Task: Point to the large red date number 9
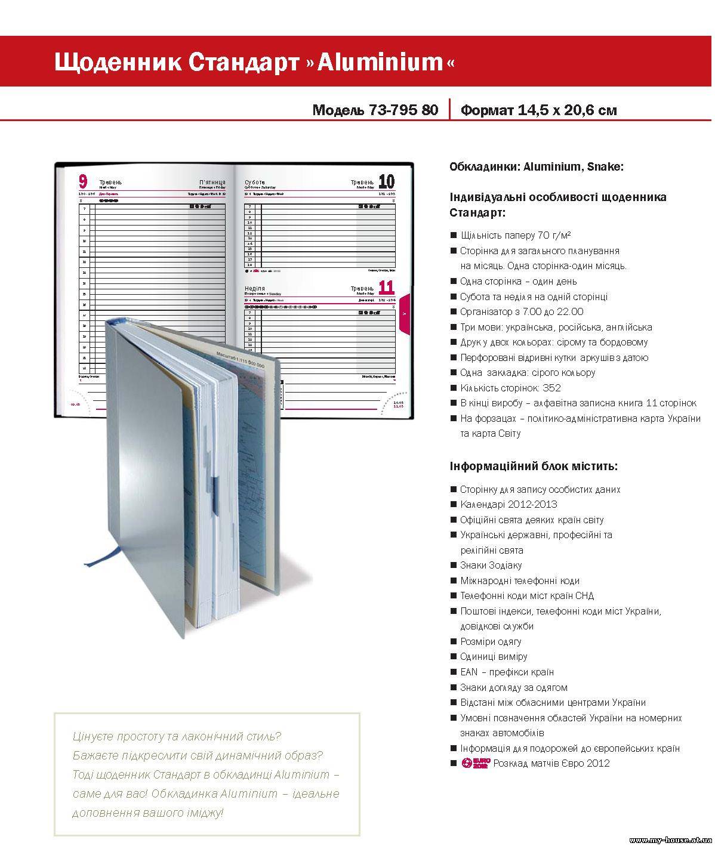pos(83,181)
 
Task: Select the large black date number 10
pos(386,181)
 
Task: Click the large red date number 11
pos(386,288)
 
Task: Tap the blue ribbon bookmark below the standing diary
pos(104,554)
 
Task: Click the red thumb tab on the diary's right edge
pos(404,313)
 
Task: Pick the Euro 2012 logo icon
pos(476,763)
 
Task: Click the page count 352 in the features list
pos(552,388)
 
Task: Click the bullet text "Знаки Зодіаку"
pos(491,565)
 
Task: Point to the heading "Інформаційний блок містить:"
pos(534,466)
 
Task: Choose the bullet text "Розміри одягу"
pos(491,641)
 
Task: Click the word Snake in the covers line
pos(604,167)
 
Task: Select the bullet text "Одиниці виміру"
pos(494,656)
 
